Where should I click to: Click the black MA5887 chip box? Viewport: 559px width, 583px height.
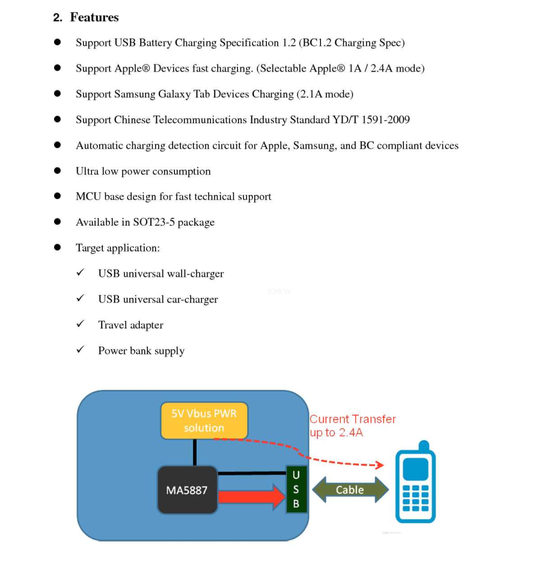pyautogui.click(x=187, y=490)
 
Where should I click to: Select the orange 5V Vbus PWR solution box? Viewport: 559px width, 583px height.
pyautogui.click(x=204, y=421)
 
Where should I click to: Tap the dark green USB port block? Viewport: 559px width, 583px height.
pyautogui.click(x=296, y=490)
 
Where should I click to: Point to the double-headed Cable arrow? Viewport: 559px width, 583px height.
pyautogui.click(x=350, y=490)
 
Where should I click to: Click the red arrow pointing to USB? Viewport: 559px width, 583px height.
pyautogui.click(x=251, y=497)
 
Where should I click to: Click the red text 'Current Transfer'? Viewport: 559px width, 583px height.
pyautogui.click(x=353, y=419)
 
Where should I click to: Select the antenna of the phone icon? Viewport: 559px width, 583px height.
pyautogui.click(x=424, y=446)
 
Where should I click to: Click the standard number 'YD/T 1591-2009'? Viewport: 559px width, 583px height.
pyautogui.click(x=371, y=120)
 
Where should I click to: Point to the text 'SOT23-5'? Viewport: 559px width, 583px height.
pyautogui.click(x=154, y=223)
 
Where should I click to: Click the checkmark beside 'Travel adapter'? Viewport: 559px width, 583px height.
pyautogui.click(x=80, y=324)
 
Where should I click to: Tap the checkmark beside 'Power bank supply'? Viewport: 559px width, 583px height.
pyautogui.click(x=80, y=350)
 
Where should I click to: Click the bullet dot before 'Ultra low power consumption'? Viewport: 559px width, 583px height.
pyautogui.click(x=58, y=171)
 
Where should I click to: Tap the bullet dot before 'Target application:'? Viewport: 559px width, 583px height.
pyautogui.click(x=58, y=247)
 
